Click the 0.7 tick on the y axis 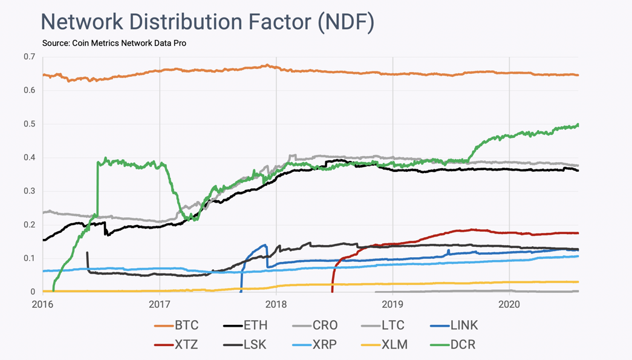coord(29,57)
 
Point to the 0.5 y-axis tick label coord(29,124)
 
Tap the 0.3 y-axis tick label coord(29,191)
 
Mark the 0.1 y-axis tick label coord(29,258)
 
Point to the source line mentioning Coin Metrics coord(114,44)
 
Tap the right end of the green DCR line coord(578,125)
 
